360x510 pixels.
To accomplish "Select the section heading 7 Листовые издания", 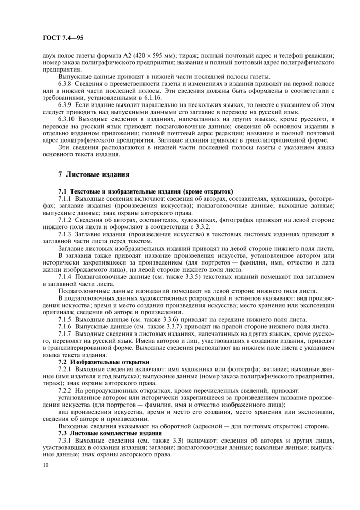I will pos(93,173).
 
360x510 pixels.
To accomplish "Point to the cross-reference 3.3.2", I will pos(199,226).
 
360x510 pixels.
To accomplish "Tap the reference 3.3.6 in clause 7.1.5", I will pos(154,319).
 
